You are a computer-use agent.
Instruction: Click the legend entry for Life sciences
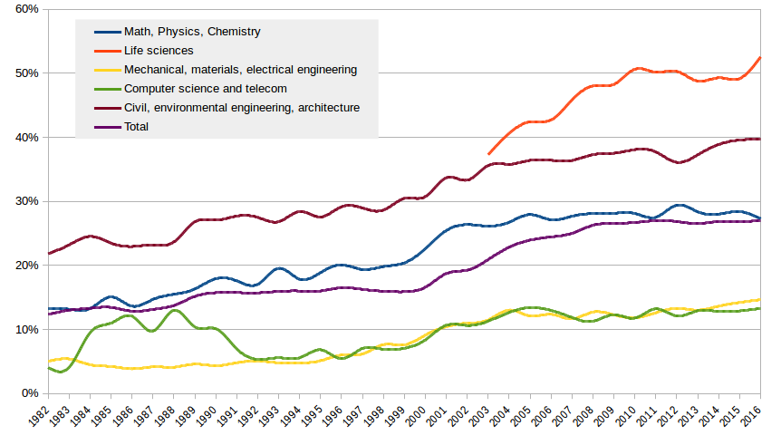159,51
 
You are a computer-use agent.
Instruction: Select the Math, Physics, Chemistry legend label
192,32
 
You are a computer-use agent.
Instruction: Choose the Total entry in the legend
136,127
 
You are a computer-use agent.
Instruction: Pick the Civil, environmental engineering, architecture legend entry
242,108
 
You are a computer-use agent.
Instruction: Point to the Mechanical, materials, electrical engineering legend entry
240,70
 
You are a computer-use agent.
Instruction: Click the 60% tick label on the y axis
24,9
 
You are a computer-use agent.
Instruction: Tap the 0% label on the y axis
27,393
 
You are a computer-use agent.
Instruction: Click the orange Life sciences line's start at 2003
488,154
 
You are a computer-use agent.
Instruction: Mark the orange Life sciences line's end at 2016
760,58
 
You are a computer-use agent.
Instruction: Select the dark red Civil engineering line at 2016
760,139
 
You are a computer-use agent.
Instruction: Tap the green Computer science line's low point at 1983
62,372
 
